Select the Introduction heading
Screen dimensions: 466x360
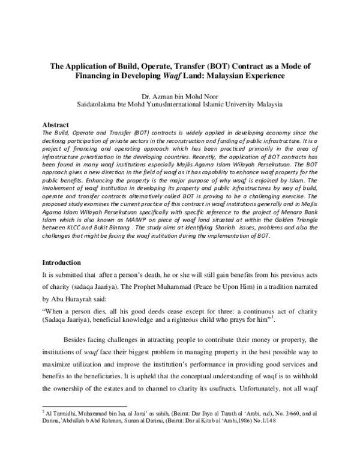(61, 262)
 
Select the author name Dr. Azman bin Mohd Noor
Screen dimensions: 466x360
(179, 95)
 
